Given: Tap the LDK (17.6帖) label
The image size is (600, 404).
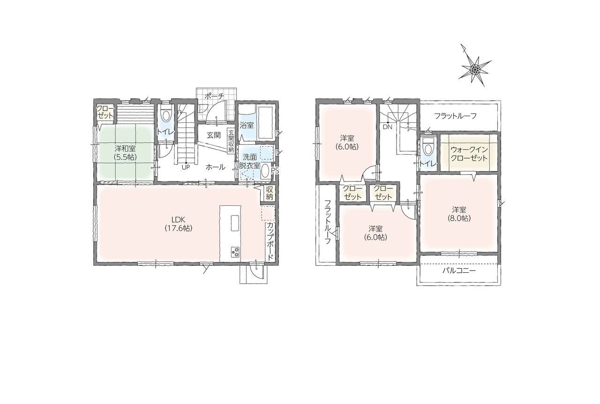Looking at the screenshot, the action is (179, 224).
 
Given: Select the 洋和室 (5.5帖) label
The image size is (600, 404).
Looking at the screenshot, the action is (125, 152).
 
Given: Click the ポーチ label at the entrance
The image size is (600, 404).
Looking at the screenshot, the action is (214, 97).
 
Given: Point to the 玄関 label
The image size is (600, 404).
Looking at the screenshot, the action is (213, 135).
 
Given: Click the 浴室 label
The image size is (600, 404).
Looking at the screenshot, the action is (247, 125).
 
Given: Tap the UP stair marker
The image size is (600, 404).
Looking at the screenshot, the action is (186, 167).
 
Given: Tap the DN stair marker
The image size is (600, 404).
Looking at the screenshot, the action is (388, 127).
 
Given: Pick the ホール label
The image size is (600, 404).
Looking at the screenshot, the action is (215, 167).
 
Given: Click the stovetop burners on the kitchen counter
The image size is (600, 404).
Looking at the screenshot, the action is (235, 252).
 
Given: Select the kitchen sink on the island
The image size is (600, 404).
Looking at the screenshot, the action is (235, 222).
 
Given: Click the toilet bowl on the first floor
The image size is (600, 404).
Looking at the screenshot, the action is (165, 114).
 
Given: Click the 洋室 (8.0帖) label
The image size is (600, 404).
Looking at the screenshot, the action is (459, 214).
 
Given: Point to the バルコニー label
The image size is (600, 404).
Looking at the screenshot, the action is (459, 270).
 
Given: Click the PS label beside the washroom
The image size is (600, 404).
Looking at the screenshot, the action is (274, 170).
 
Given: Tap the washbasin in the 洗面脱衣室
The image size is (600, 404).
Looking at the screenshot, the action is (265, 171).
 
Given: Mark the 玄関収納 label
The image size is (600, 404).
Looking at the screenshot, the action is (231, 141).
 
